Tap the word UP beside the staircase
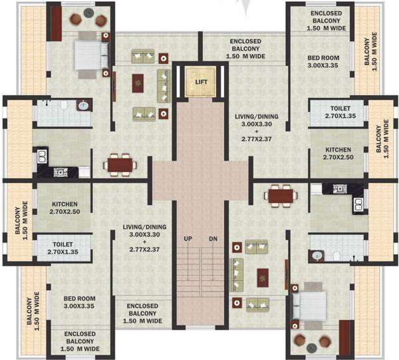[188, 238]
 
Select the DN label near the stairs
[212, 238]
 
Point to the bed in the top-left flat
[86, 51]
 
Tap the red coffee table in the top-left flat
[138, 83]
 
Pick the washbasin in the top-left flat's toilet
[83, 105]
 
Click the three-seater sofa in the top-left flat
[163, 83]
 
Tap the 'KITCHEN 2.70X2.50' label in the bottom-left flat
[65, 208]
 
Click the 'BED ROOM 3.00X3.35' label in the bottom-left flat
[80, 303]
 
